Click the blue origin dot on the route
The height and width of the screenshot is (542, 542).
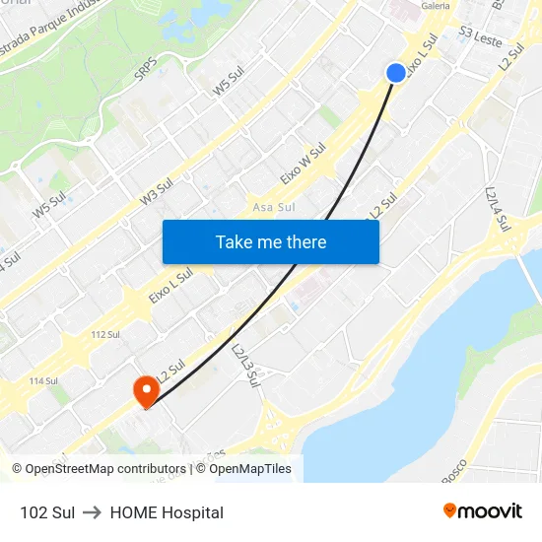pos(395,73)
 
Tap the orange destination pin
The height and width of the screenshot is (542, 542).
pos(146,391)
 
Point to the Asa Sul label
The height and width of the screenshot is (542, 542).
pos(274,207)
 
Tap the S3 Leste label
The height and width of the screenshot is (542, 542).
pos(481,37)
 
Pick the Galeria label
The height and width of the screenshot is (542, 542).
pos(435,6)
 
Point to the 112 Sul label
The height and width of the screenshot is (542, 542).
pos(104,335)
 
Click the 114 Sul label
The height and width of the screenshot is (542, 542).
pos(43,380)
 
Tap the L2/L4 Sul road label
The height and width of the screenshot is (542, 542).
pos(497,209)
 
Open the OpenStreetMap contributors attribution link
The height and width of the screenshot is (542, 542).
pos(105,469)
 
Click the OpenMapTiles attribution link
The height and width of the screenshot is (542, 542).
pos(246,469)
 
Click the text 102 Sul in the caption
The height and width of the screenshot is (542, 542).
pos(47,512)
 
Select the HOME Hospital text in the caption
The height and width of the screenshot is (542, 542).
pos(167,512)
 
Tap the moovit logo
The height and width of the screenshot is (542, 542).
pos(482,510)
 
